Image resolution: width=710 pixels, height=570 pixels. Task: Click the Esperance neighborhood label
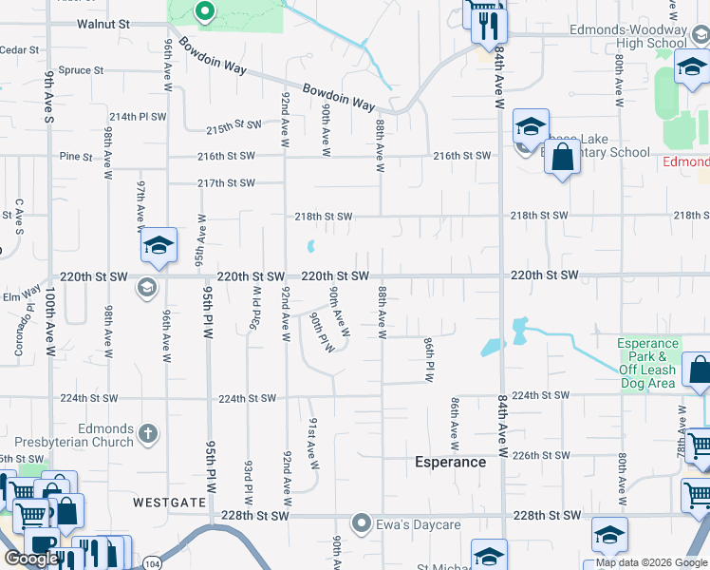[451, 463]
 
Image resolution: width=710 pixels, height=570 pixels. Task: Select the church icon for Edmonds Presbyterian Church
[147, 434]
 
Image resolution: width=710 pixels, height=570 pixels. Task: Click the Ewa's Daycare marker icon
[361, 523]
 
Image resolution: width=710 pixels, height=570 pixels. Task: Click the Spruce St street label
[81, 70]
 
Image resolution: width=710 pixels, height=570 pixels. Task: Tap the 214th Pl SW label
[137, 116]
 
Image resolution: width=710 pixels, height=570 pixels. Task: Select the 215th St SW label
[234, 125]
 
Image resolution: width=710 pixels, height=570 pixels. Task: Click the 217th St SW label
[226, 183]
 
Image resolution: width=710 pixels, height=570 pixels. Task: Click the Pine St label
[75, 156]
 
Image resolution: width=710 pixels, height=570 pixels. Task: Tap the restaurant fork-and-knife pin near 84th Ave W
[489, 25]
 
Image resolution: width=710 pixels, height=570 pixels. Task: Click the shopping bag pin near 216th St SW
[562, 158]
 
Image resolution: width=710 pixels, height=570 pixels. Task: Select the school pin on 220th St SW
[159, 246]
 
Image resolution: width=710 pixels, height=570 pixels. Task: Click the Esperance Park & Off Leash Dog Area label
[647, 363]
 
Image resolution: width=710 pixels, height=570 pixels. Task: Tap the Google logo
[30, 559]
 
